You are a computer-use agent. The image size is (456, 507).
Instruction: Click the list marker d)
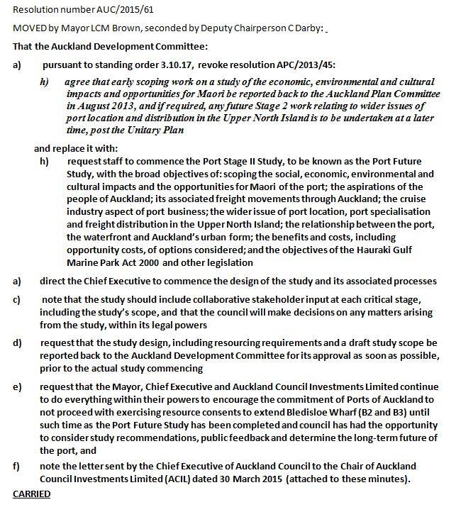18,343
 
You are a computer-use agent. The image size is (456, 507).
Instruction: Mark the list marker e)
18,386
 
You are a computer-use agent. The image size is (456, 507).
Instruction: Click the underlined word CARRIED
32,494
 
